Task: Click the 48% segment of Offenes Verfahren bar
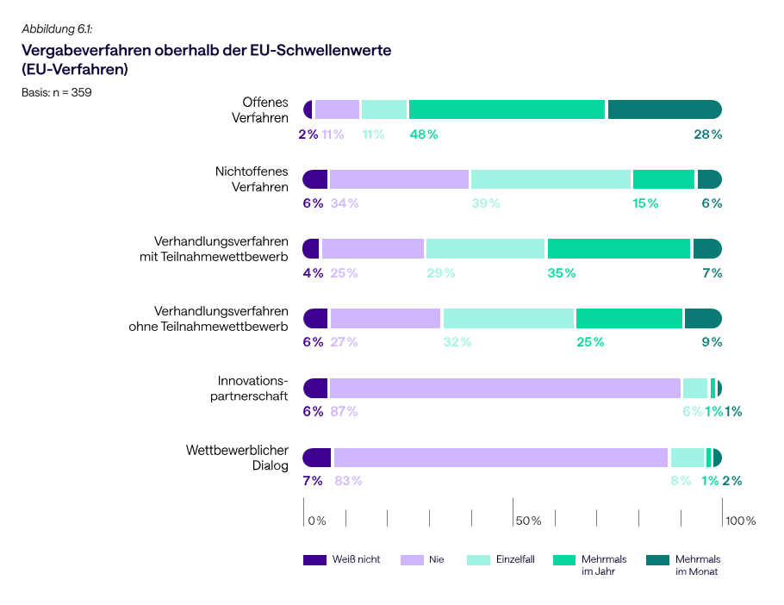pos(507,109)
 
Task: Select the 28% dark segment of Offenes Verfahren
pos(664,109)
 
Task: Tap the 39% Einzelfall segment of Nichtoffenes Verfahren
pos(551,179)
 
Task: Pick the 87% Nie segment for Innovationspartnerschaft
pos(505,388)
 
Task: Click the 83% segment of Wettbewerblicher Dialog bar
pos(501,458)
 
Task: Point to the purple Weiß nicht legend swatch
pos(315,560)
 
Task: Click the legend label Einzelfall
pos(515,560)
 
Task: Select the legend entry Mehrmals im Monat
pos(697,565)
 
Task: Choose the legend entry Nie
pos(436,560)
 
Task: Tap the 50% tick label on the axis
pos(528,521)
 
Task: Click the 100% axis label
pos(740,521)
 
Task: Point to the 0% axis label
pos(317,521)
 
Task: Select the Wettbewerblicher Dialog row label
pos(237,458)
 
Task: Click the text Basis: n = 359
pos(57,92)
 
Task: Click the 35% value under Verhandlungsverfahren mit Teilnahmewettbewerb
pos(561,273)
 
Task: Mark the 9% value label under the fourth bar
pos(712,342)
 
